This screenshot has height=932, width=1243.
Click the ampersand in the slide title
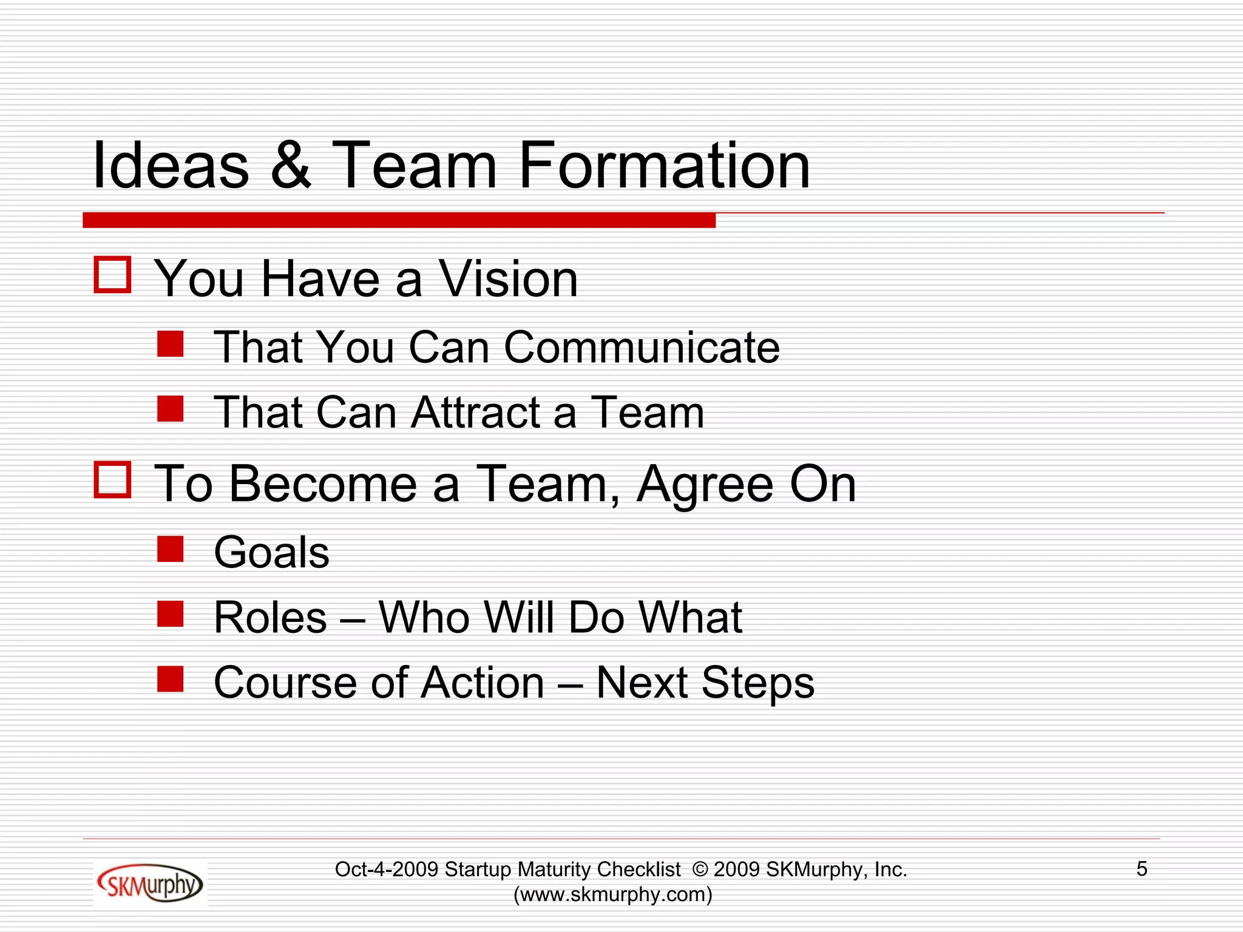[291, 166]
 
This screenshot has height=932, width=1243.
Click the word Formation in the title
[665, 166]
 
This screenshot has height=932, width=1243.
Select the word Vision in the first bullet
[508, 279]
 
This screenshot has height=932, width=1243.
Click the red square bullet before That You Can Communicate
[171, 343]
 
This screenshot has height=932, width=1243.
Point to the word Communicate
[642, 348]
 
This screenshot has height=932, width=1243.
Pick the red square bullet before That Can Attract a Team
[171, 408]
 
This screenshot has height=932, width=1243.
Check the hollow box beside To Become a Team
[113, 479]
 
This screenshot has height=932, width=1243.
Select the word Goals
[271, 553]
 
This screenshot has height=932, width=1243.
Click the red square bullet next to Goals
[171, 549]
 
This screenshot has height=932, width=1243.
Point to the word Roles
[271, 618]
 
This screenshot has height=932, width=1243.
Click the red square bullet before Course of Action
[171, 679]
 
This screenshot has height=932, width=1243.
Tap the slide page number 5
[1142, 869]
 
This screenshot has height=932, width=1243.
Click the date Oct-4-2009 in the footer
[387, 870]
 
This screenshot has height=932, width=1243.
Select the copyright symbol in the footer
[700, 870]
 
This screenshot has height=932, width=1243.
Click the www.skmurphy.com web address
[613, 894]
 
